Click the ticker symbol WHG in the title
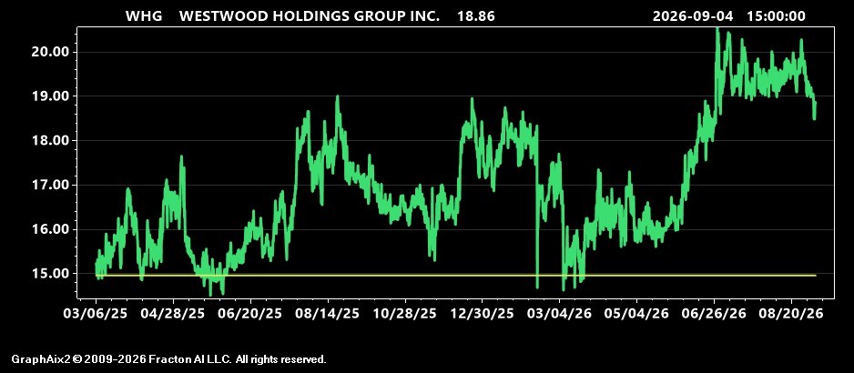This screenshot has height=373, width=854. click(144, 15)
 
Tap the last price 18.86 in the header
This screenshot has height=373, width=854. click(476, 15)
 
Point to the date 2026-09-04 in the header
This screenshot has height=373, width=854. click(693, 15)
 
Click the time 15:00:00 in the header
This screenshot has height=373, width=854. click(776, 15)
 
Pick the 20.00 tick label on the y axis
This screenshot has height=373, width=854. click(49, 52)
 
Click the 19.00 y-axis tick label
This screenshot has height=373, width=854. click(49, 96)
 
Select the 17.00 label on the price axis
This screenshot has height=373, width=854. click(49, 186)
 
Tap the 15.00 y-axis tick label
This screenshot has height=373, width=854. click(49, 273)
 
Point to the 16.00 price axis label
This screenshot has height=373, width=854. click(49, 229)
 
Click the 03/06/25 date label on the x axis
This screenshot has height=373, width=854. click(96, 314)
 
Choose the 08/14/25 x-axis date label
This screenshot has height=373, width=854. click(328, 314)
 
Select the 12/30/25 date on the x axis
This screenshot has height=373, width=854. click(482, 314)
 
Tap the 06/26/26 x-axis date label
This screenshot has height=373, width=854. click(714, 314)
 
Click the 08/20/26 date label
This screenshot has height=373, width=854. click(791, 314)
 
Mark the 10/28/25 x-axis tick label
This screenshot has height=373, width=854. click(405, 314)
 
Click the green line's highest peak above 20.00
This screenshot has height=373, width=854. click(717, 28)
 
